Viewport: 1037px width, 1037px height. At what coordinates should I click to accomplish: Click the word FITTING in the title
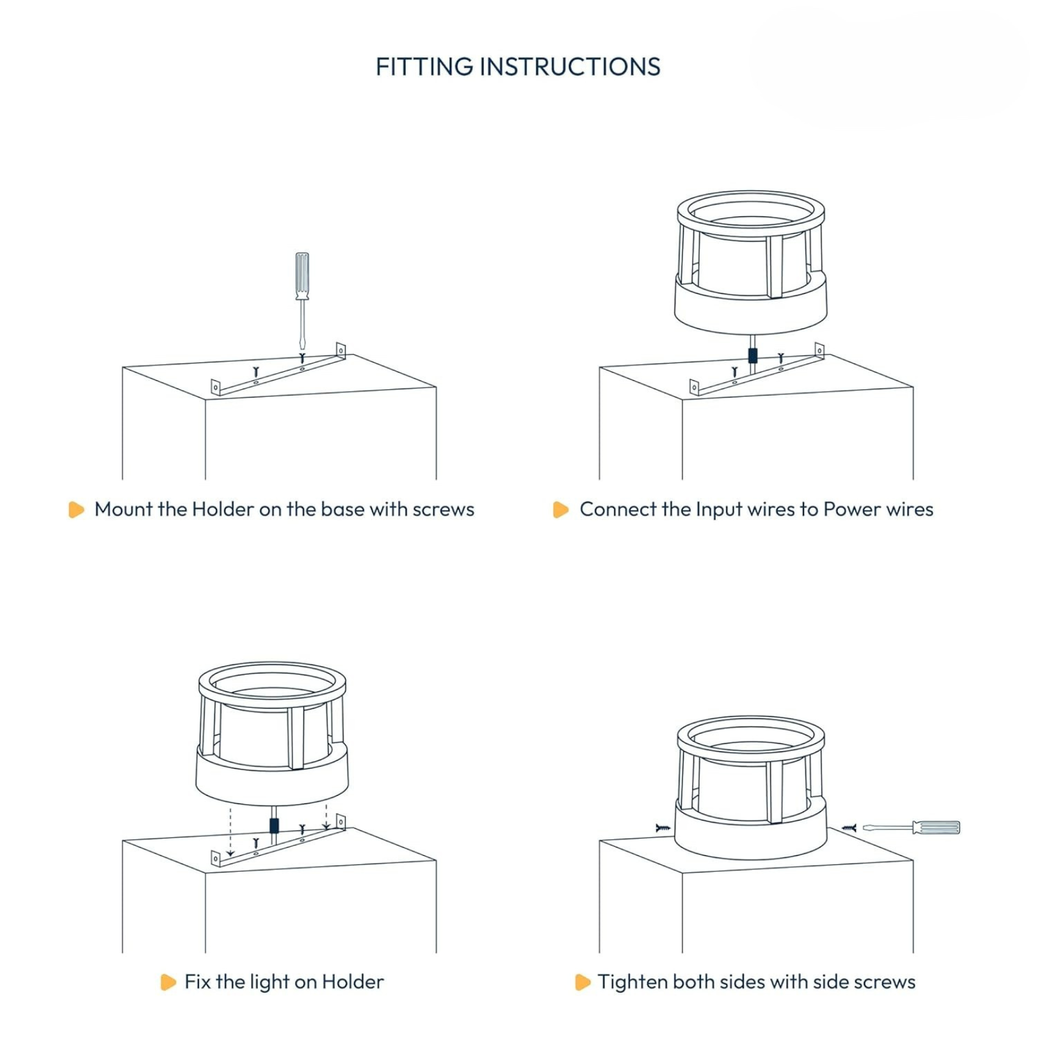point(424,67)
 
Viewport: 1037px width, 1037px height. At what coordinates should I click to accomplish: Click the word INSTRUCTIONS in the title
point(570,67)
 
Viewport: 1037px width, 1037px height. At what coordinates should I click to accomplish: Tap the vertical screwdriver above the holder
point(302,301)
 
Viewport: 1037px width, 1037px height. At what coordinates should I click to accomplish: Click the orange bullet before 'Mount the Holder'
point(76,510)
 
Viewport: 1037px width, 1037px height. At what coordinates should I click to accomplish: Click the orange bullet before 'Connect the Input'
point(561,510)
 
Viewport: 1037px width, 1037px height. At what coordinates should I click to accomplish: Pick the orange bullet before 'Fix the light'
point(168,982)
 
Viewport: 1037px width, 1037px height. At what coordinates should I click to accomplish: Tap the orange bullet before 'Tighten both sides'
point(583,982)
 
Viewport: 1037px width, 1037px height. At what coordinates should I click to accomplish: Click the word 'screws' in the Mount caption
point(443,510)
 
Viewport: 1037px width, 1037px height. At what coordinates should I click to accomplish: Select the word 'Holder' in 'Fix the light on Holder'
point(353,981)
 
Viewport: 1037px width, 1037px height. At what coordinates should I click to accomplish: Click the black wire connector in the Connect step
point(753,355)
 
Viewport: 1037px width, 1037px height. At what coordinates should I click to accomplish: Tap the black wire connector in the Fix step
point(275,826)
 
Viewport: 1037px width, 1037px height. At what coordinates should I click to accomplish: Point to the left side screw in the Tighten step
point(663,828)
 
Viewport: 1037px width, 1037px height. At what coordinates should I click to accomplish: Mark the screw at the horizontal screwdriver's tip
point(849,828)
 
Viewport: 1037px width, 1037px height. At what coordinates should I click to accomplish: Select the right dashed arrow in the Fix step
point(326,817)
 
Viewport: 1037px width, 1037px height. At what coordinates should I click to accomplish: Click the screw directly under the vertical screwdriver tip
point(302,358)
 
